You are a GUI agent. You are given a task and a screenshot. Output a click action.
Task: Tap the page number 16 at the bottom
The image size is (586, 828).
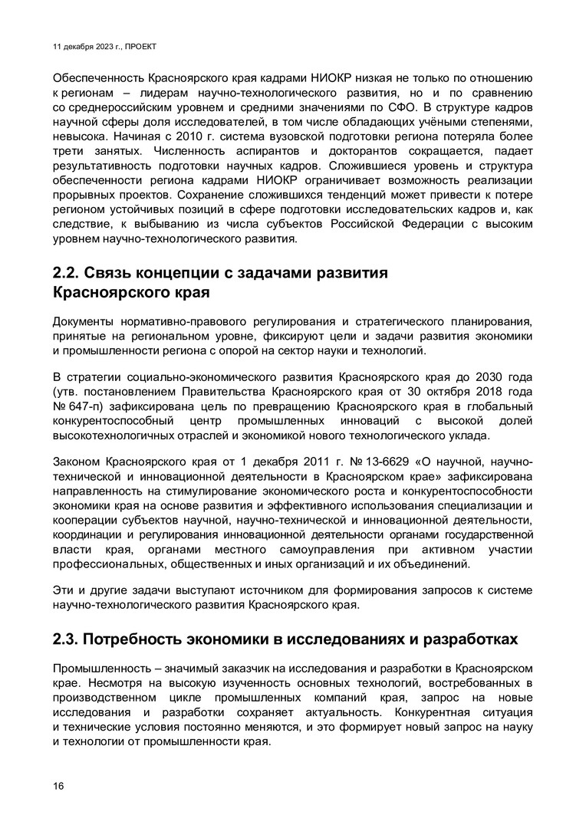59,785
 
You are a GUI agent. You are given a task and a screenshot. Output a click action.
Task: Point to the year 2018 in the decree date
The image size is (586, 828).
480,393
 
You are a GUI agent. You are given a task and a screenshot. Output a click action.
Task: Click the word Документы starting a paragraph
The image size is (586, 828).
85,322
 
